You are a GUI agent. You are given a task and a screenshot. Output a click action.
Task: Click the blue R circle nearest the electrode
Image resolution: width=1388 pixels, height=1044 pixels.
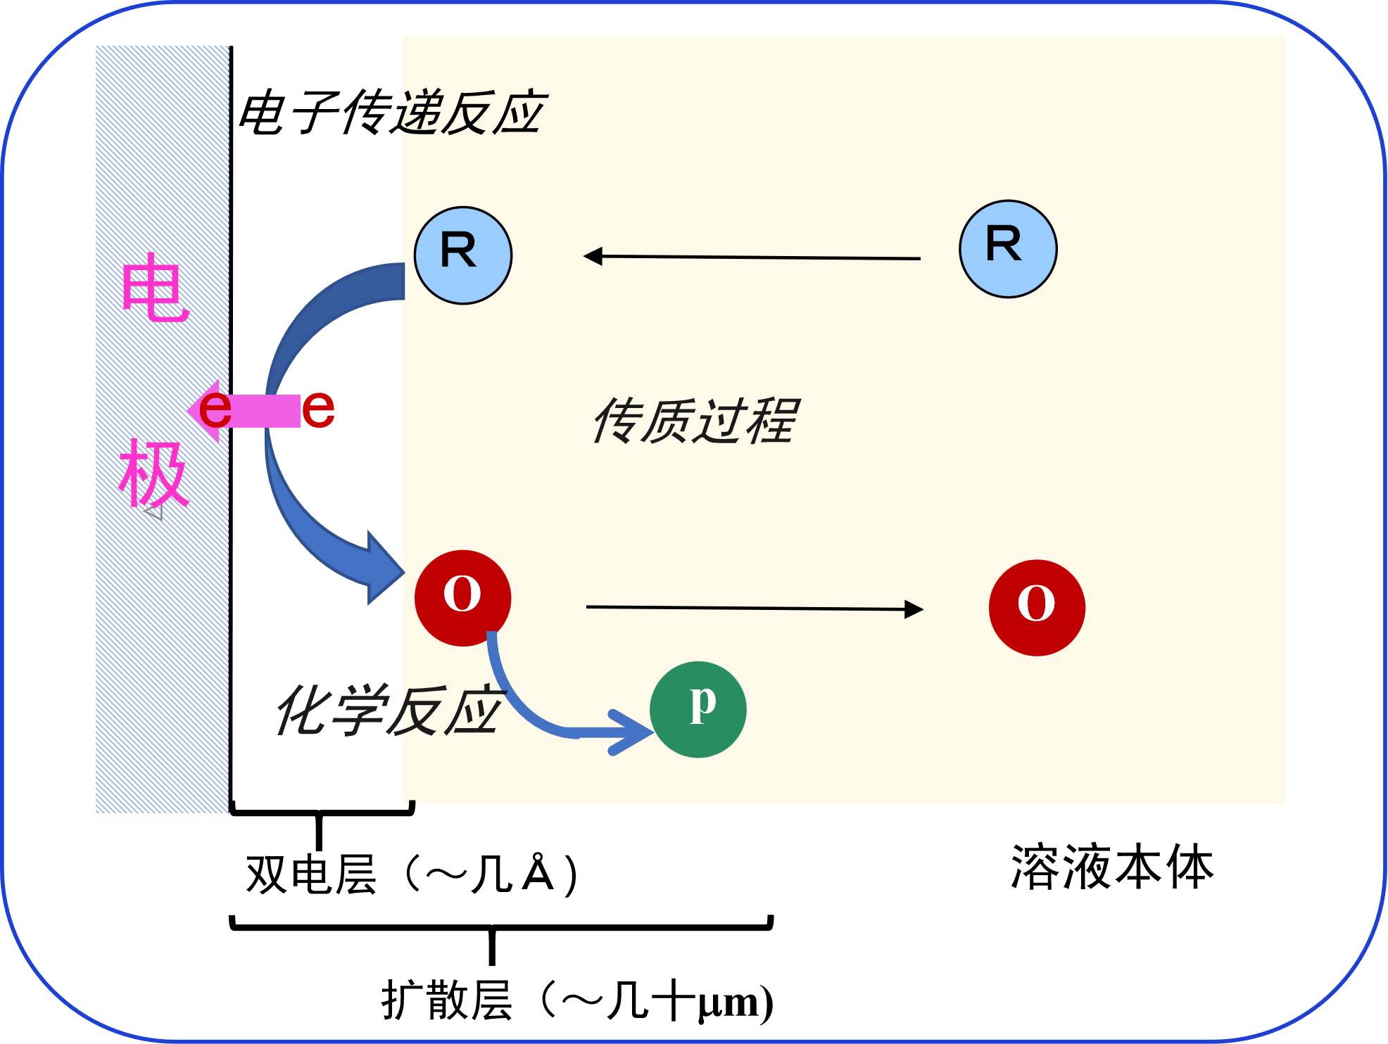point(463,255)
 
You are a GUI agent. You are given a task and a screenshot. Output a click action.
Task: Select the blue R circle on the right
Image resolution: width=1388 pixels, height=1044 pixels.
point(1008,249)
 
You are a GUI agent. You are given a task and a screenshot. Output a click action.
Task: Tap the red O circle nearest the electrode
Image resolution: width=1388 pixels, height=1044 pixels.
point(462,597)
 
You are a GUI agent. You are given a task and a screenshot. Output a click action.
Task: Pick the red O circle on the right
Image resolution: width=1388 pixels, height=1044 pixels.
point(1037,608)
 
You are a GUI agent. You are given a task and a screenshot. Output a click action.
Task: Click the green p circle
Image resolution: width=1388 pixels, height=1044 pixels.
point(698,709)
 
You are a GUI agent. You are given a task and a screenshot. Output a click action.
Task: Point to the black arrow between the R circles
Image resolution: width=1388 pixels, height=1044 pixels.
point(753,257)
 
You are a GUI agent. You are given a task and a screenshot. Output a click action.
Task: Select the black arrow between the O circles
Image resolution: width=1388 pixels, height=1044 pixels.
point(753,608)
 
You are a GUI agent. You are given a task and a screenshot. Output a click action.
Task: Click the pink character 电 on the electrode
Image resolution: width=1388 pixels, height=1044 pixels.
point(155,288)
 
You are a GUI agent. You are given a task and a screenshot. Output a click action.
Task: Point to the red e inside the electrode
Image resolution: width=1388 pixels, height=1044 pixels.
point(215,409)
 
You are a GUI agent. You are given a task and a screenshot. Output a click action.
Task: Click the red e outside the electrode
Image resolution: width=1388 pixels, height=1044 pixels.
point(318,409)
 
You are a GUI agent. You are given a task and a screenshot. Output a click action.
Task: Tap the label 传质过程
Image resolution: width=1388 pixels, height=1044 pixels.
point(695,421)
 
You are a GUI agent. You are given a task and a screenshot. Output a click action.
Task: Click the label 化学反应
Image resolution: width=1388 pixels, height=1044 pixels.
point(389,711)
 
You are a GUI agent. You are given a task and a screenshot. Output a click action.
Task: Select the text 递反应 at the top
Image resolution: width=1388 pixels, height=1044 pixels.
point(473,113)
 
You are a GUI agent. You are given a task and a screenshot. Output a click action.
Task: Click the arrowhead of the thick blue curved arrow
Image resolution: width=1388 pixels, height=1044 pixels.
point(384,568)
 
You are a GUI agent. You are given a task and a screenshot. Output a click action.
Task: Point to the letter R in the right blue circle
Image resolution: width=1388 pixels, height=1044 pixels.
point(1004,244)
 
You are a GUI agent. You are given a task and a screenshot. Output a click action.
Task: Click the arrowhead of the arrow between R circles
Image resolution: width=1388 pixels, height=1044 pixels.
point(593,256)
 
